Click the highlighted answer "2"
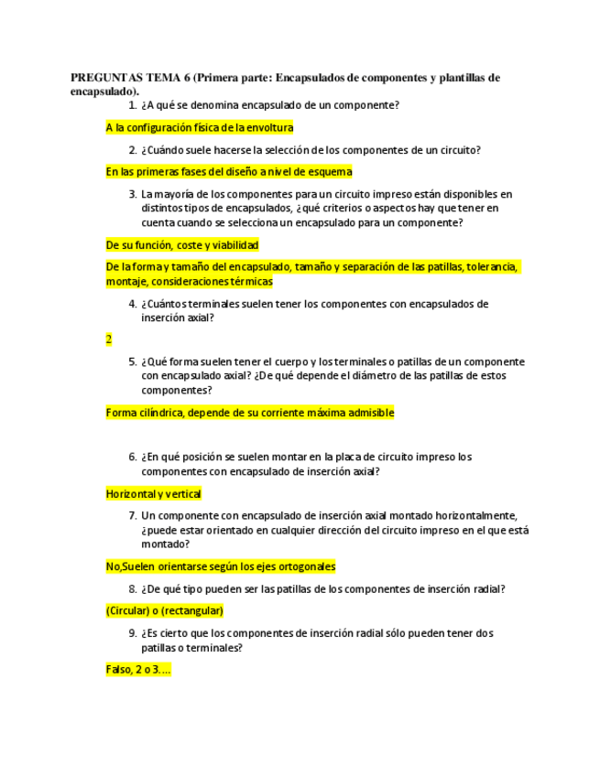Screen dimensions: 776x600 [109, 339]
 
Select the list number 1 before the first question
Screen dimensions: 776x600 [133, 105]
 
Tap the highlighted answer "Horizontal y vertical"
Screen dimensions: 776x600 [154, 494]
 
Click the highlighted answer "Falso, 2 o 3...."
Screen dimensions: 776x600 [138, 670]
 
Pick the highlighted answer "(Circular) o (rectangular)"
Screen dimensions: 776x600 [165, 611]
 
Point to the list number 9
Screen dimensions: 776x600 [133, 633]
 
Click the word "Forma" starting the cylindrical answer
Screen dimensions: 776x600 [121, 413]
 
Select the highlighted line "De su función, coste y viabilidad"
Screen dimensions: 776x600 [182, 245]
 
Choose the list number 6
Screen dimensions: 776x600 [133, 457]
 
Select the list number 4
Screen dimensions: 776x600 [133, 304]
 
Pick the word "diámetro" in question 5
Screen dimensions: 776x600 [361, 376]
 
